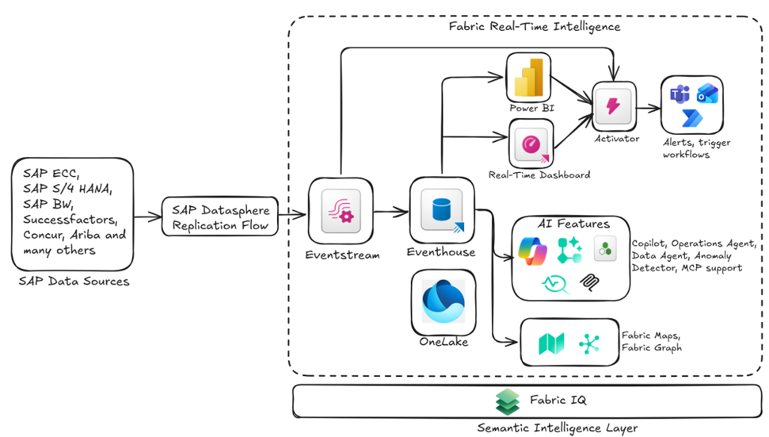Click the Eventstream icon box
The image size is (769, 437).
pos(341,212)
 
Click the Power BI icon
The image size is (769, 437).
pos(527,79)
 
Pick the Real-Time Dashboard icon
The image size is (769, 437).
pos(531,145)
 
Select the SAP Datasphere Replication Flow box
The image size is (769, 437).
pos(220,217)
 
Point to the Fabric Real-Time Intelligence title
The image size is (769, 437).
pos(534,26)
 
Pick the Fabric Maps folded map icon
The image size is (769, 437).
pos(550,343)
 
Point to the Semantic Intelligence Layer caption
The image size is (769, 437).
pos(558,427)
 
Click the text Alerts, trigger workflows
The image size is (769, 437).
pos(697,148)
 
